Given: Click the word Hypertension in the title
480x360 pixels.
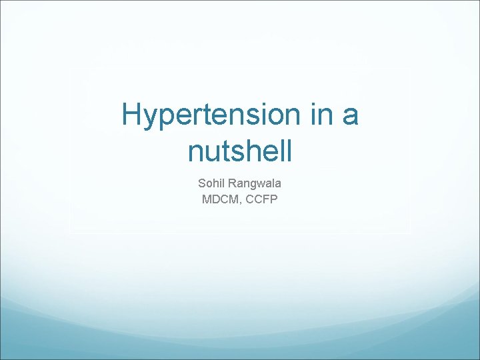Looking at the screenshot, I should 206,115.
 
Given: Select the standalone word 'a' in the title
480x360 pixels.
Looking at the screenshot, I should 349,117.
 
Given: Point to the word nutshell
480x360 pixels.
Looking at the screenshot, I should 240,151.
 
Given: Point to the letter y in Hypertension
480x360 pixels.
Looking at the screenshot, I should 151,120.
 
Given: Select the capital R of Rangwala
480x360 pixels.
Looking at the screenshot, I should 232,182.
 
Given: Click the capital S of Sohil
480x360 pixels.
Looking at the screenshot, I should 201,182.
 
